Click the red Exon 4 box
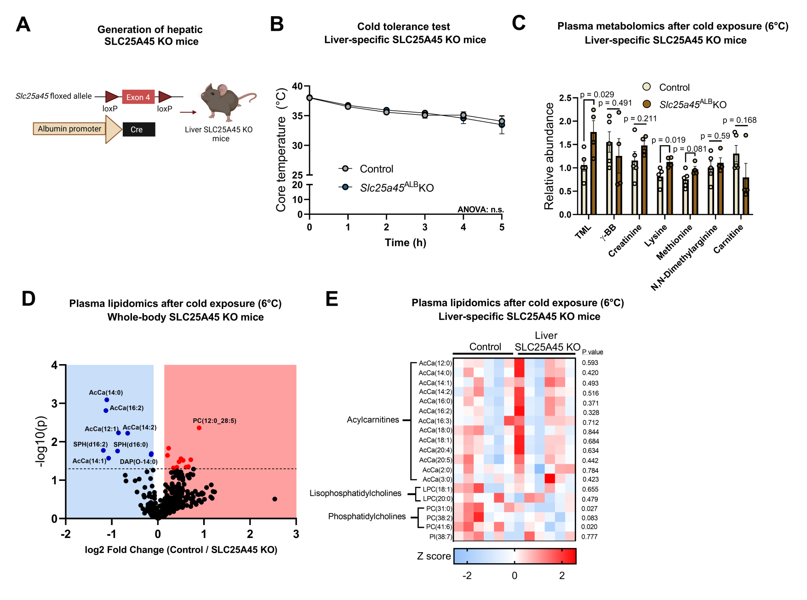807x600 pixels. [138, 97]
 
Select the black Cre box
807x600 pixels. [138, 129]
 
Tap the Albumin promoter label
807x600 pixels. [69, 129]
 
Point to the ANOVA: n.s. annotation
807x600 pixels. [481, 210]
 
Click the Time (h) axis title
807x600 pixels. [405, 242]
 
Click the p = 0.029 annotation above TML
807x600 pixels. [597, 95]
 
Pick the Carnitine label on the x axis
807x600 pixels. [728, 240]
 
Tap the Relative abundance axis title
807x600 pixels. [549, 156]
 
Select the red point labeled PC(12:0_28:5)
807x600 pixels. [199, 428]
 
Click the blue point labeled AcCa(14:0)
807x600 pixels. [107, 400]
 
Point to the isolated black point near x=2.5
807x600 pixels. [275, 499]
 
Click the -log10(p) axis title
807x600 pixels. [40, 441]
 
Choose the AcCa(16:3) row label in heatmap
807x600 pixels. [435, 421]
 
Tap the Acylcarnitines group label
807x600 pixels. [373, 420]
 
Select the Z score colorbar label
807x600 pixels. [434, 556]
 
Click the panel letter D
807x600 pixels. [29, 299]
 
